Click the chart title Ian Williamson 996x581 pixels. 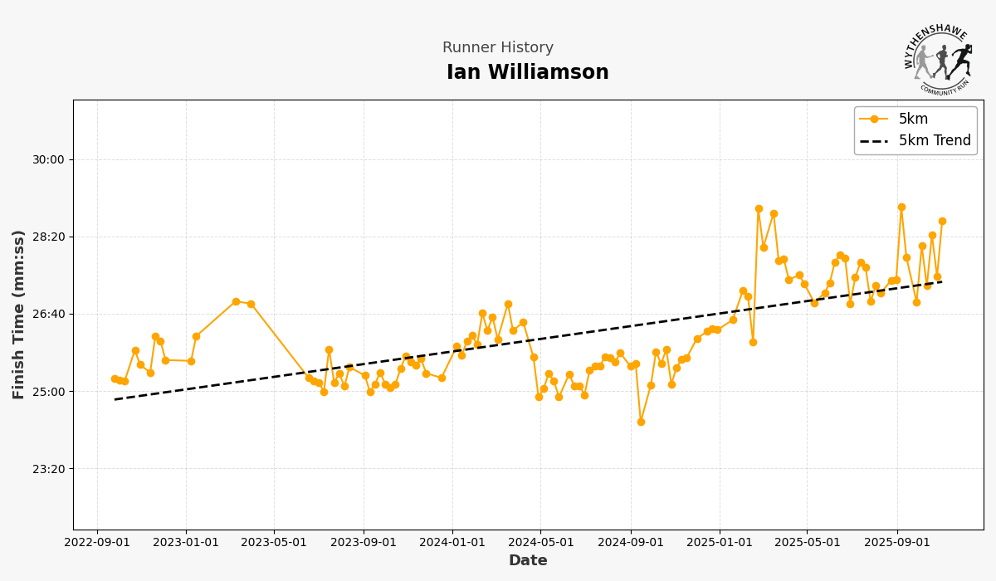(x=527, y=73)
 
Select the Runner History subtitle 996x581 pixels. (x=497, y=48)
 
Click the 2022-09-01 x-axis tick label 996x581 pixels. (x=97, y=543)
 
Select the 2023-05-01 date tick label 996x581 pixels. (x=274, y=543)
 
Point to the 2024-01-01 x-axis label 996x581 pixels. (x=452, y=543)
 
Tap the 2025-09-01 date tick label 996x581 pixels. (x=896, y=543)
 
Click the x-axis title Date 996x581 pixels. (x=528, y=561)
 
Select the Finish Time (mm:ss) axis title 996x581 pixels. (x=19, y=315)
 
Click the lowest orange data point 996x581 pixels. (x=641, y=422)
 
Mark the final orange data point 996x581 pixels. (x=942, y=221)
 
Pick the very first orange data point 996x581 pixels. (x=115, y=378)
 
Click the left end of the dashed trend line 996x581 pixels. (x=115, y=399)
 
